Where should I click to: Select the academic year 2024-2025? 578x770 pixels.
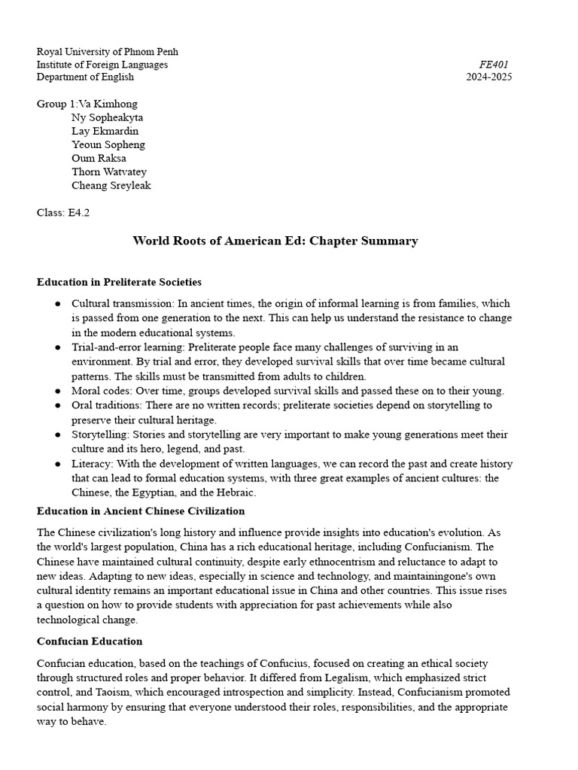(x=489, y=77)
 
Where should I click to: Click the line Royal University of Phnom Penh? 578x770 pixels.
(x=108, y=52)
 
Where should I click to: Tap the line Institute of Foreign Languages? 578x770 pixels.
(x=102, y=65)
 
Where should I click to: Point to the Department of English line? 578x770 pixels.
(x=85, y=77)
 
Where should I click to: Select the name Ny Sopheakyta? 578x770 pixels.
(x=108, y=118)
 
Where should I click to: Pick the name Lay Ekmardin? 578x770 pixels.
(x=105, y=132)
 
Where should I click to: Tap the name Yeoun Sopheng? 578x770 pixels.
(x=108, y=145)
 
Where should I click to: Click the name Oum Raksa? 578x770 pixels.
(x=99, y=159)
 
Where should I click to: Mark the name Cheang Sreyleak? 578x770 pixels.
(x=111, y=186)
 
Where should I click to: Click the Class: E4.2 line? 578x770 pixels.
(x=63, y=213)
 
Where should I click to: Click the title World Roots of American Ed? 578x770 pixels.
(x=275, y=241)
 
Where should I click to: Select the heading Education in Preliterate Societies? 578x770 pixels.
(x=119, y=283)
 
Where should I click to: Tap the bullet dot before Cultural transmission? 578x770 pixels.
(x=58, y=304)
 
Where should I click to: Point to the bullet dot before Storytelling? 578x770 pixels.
(x=58, y=435)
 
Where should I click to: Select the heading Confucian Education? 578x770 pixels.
(x=90, y=642)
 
